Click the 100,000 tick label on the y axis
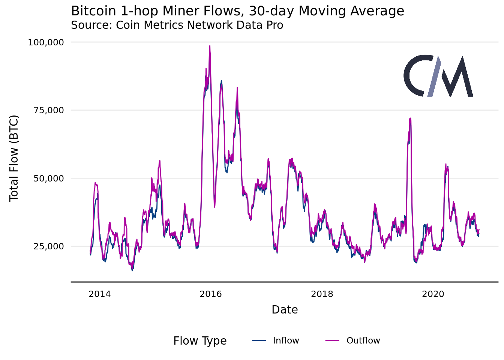(46, 42)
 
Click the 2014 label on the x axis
(100, 294)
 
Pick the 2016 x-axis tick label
(211, 294)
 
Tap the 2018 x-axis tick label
(322, 294)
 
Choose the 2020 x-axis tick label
(433, 294)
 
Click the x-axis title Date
(285, 310)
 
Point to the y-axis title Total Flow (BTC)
(14, 158)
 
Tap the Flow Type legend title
(200, 341)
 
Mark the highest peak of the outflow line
(210, 46)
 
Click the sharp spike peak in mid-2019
(411, 118)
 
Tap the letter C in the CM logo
(415, 76)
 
